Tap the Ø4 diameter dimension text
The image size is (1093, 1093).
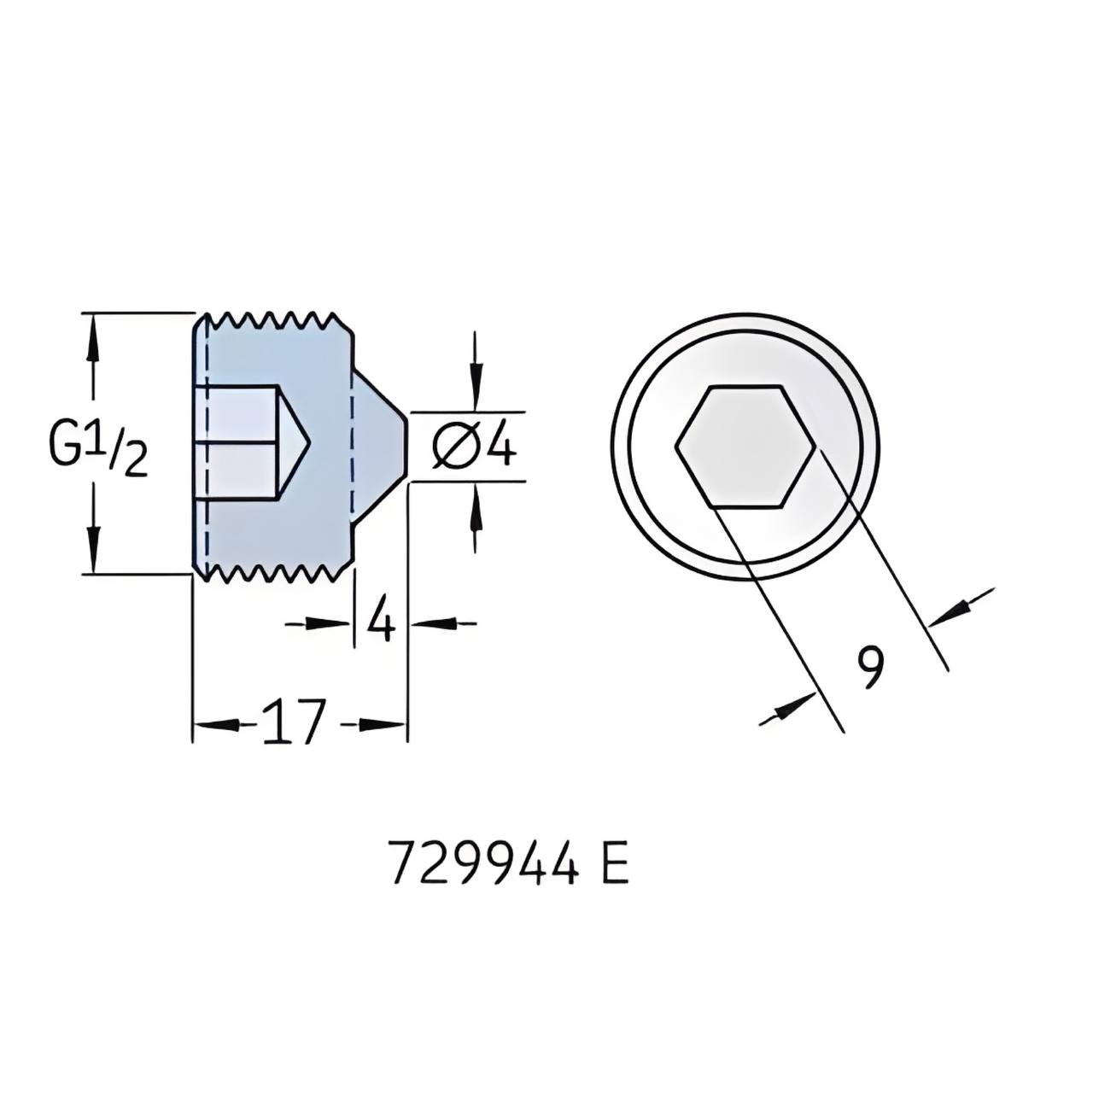(x=475, y=446)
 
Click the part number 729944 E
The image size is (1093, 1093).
(x=510, y=878)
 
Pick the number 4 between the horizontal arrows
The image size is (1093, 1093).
(x=380, y=622)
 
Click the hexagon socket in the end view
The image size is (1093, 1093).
(x=745, y=446)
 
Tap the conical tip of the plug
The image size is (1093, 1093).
(x=379, y=446)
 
